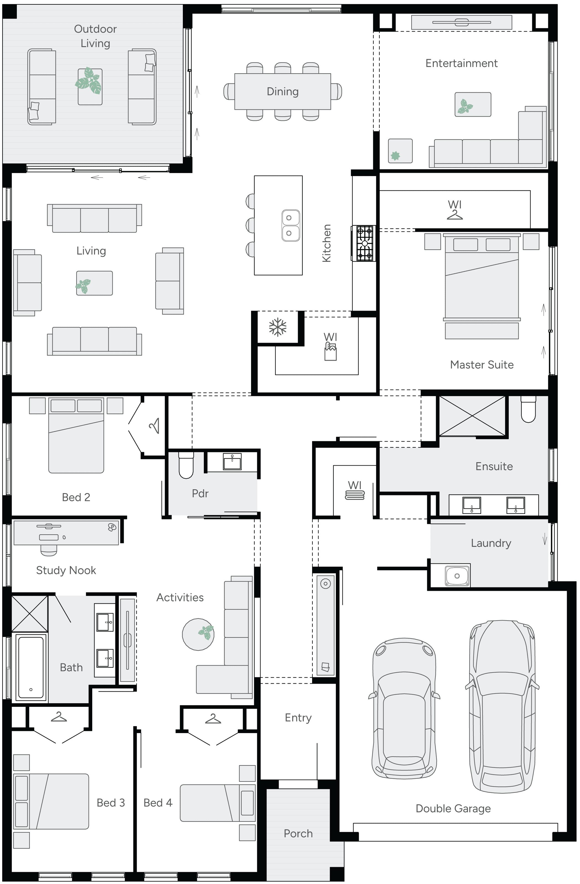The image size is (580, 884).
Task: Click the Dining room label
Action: [283, 91]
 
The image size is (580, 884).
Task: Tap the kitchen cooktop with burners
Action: [364, 243]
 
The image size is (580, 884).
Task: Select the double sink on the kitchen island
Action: [290, 225]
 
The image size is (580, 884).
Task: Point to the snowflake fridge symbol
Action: [278, 327]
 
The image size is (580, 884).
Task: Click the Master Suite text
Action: [482, 365]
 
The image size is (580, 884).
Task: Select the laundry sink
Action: [457, 576]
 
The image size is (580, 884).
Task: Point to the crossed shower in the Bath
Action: [30, 613]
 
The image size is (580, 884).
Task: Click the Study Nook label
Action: [66, 570]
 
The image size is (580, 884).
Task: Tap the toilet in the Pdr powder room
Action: [186, 465]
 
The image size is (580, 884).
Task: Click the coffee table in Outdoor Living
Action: [90, 86]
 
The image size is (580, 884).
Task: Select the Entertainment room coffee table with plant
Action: [473, 104]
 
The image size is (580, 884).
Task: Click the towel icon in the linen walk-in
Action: [355, 495]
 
